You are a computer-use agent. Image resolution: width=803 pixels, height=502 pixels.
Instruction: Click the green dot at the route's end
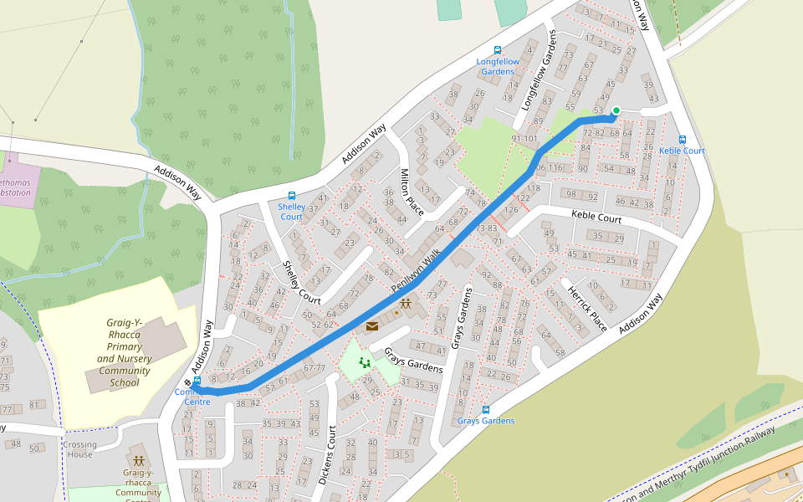tap(616, 110)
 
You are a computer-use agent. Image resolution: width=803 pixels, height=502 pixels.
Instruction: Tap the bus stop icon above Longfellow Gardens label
tap(499, 50)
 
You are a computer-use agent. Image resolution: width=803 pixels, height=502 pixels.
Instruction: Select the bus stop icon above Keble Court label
tap(683, 140)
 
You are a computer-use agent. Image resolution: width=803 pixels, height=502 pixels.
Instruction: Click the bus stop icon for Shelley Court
tap(291, 196)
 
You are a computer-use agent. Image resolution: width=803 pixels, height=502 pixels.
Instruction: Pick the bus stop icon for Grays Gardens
tap(485, 410)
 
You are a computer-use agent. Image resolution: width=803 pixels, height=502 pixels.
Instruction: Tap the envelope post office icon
tap(371, 326)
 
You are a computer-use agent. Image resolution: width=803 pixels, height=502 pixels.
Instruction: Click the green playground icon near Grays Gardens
tap(364, 362)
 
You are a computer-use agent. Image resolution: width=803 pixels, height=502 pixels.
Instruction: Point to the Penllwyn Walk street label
tap(416, 274)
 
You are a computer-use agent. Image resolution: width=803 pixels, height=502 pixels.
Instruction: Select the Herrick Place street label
tap(586, 306)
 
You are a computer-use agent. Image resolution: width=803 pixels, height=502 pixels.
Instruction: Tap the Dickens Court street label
tap(327, 457)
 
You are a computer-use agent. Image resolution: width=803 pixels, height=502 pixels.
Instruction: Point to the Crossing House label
tap(80, 449)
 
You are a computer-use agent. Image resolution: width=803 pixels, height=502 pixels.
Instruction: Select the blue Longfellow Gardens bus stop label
tap(498, 66)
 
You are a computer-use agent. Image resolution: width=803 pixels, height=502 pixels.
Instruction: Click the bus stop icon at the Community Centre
tap(197, 380)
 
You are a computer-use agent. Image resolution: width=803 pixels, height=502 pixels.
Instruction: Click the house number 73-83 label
tap(487, 228)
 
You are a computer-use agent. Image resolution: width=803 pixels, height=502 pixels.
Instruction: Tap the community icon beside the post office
tap(406, 305)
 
